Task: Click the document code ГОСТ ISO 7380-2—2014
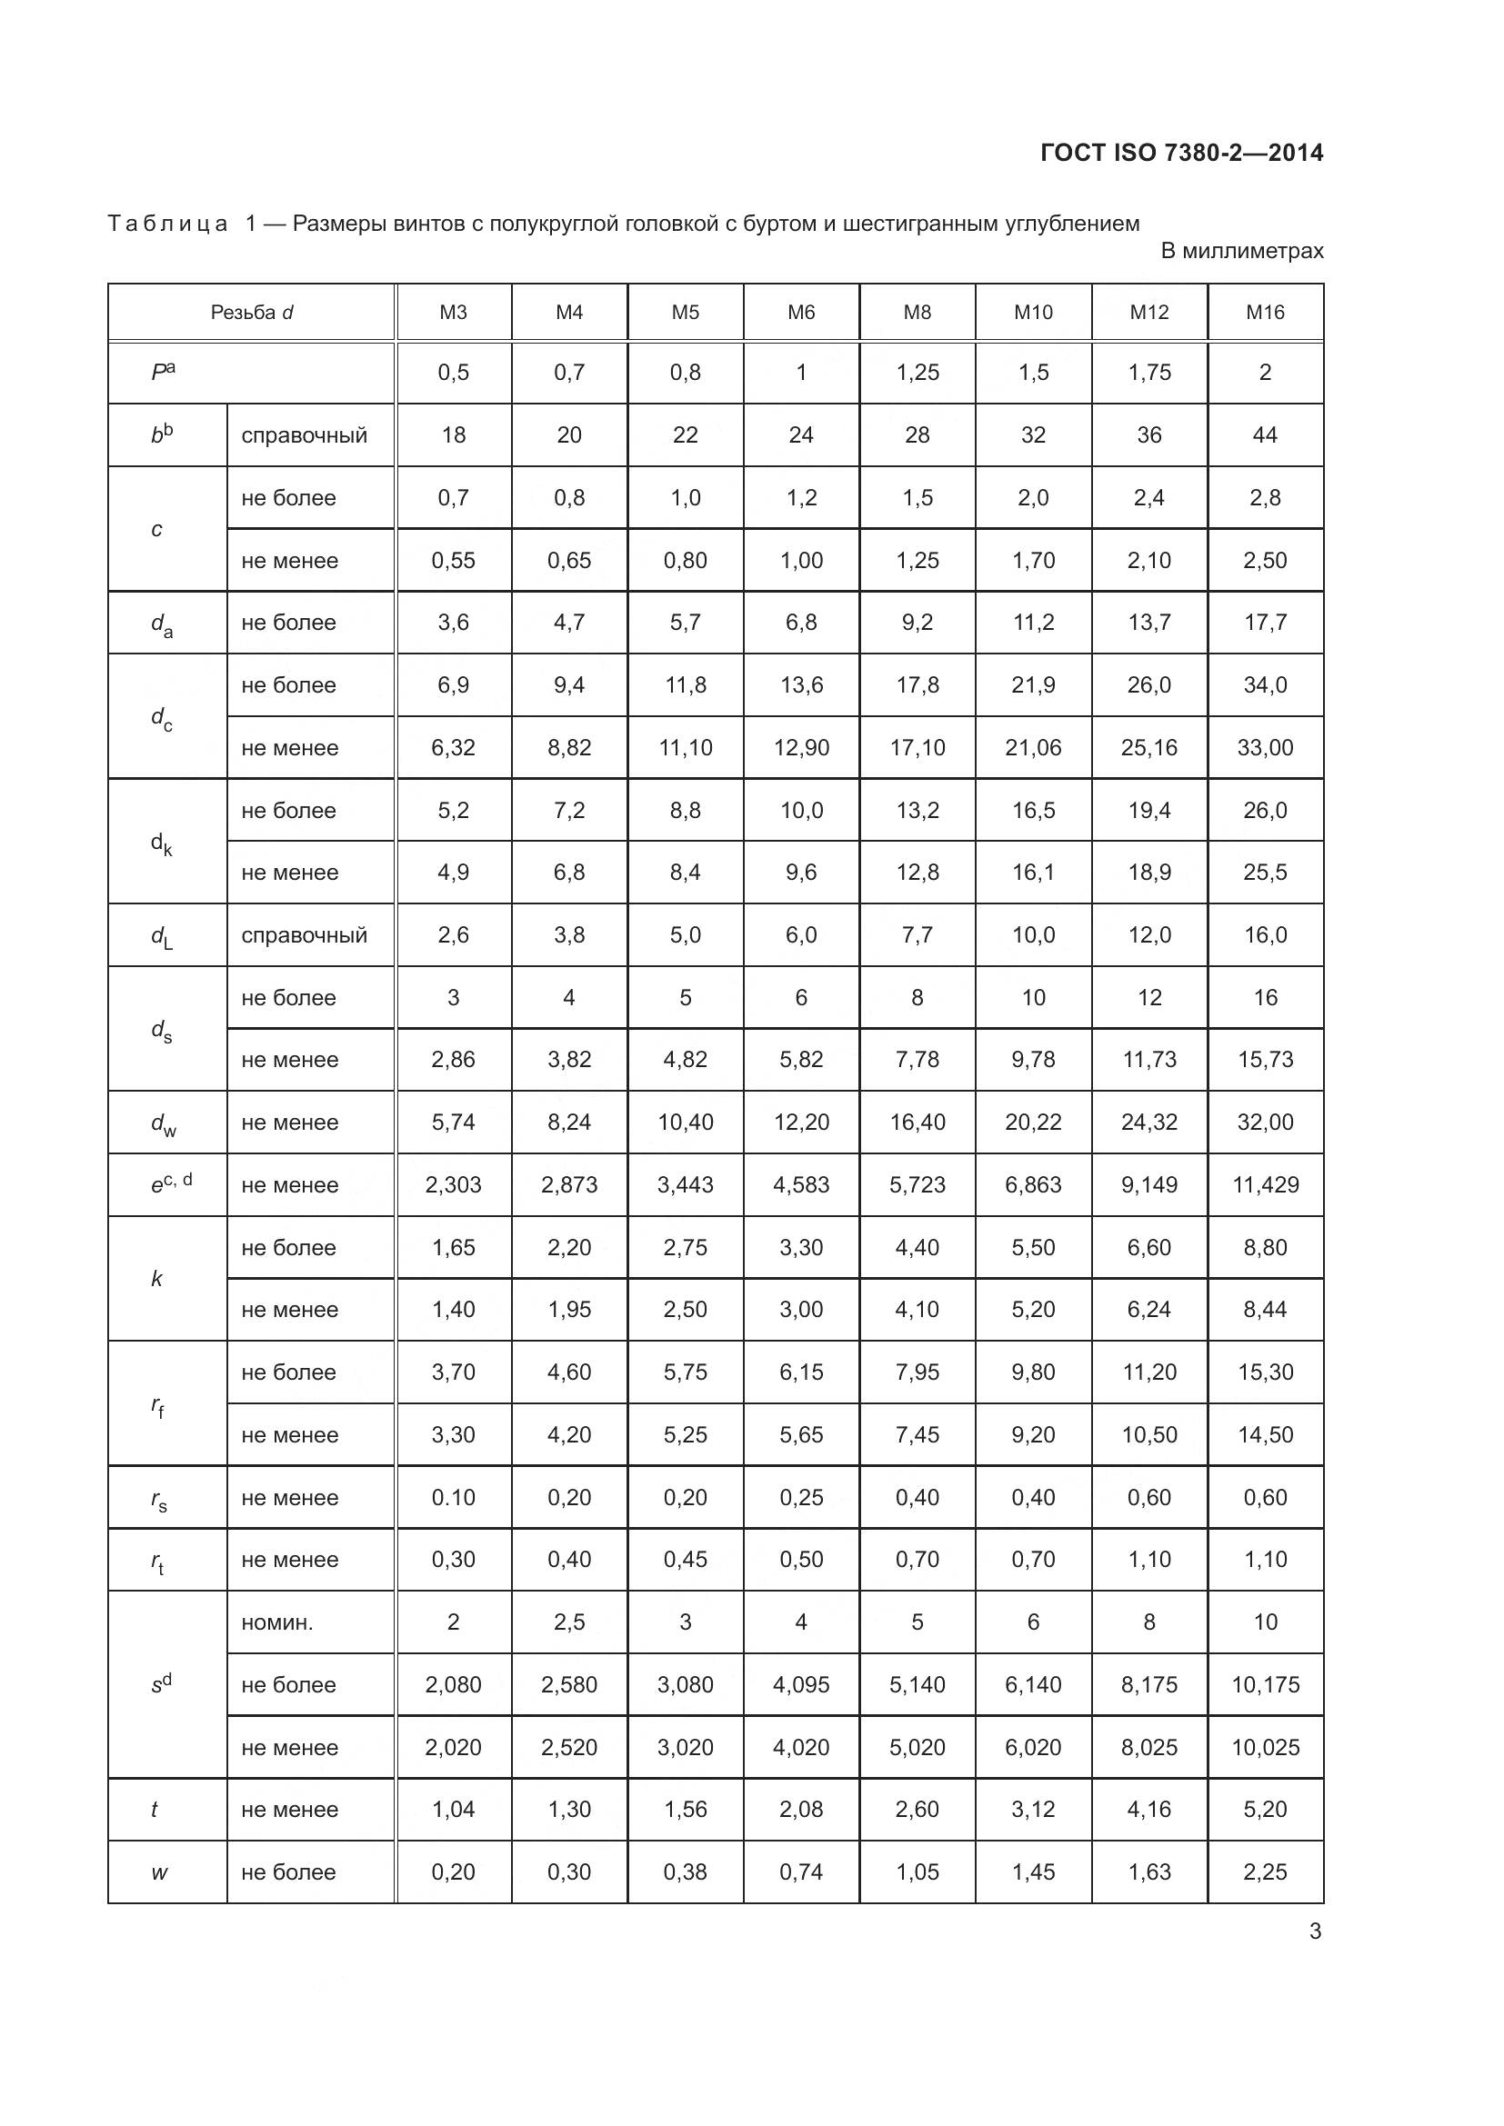pyautogui.click(x=1182, y=153)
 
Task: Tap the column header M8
pyautogui.click(x=917, y=312)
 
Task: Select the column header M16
pyautogui.click(x=1265, y=312)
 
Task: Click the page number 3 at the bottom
pyautogui.click(x=1315, y=1931)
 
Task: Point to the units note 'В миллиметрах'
pyautogui.click(x=1242, y=251)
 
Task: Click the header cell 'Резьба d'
pyautogui.click(x=252, y=312)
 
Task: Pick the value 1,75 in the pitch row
pyautogui.click(x=1149, y=373)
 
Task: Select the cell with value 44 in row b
pyautogui.click(x=1265, y=435)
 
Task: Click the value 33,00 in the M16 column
pyautogui.click(x=1265, y=747)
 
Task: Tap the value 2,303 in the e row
pyautogui.click(x=453, y=1184)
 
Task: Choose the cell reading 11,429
pyautogui.click(x=1265, y=1184)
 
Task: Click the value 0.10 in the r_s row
pyautogui.click(x=453, y=1497)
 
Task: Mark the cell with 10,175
pyautogui.click(x=1265, y=1684)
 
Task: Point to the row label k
pyautogui.click(x=156, y=1279)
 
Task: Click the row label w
pyautogui.click(x=159, y=1872)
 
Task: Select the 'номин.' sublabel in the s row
pyautogui.click(x=277, y=1622)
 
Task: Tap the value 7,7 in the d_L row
pyautogui.click(x=917, y=935)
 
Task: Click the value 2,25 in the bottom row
pyautogui.click(x=1265, y=1872)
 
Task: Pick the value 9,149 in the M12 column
pyautogui.click(x=1149, y=1184)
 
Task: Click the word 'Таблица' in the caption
pyautogui.click(x=167, y=225)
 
